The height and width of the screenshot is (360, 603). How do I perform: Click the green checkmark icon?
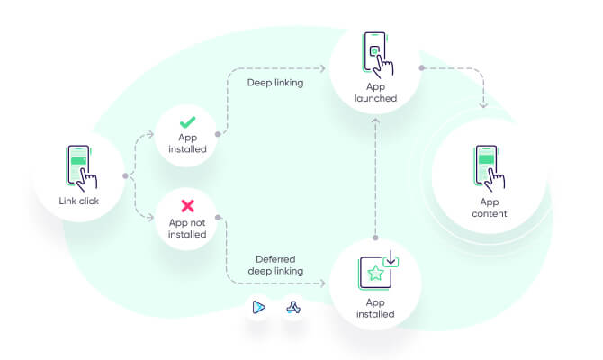click(187, 121)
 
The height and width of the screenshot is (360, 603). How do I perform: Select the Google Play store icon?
click(258, 307)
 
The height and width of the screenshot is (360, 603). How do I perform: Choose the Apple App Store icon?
click(292, 307)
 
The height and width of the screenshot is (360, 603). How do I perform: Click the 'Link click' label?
click(78, 202)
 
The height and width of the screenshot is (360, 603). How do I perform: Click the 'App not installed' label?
click(187, 229)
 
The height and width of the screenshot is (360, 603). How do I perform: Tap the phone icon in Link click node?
click(79, 167)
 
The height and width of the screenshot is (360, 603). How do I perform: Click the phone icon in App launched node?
click(375, 51)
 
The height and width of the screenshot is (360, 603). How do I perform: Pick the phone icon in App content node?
click(489, 166)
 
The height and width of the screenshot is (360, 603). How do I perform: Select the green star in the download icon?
click(375, 273)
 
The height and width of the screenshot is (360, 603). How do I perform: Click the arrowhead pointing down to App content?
click(483, 105)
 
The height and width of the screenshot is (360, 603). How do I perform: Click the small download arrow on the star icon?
click(391, 261)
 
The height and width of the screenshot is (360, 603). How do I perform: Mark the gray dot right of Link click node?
click(125, 175)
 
